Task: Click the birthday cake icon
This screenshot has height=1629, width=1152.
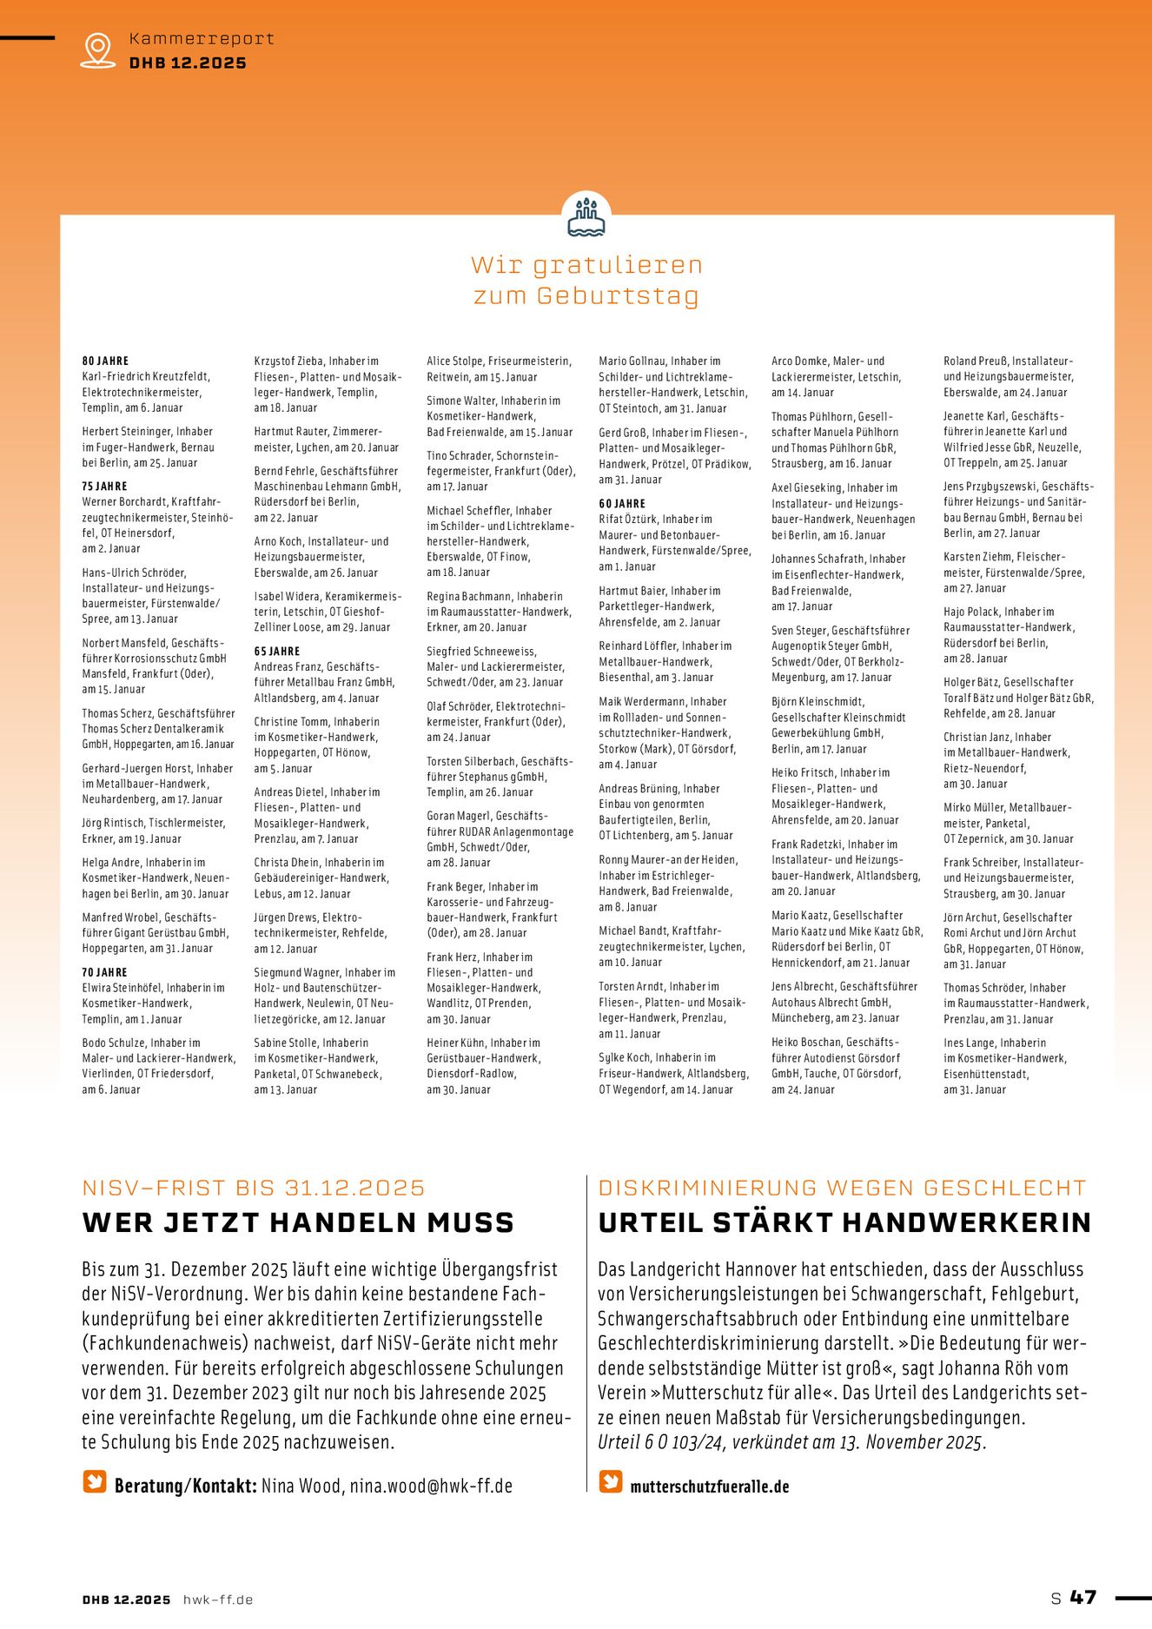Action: pos(586,217)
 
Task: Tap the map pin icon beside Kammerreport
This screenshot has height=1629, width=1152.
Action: pos(97,50)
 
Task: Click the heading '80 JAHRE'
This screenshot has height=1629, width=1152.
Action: pos(105,361)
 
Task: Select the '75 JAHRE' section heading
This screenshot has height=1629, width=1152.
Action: pos(104,487)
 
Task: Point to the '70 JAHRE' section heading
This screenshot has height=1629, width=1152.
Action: pos(104,972)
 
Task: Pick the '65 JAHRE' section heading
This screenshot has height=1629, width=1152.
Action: pos(277,651)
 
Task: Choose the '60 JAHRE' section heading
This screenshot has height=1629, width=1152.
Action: pos(622,503)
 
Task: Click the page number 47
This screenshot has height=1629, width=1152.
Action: pos(1083,1597)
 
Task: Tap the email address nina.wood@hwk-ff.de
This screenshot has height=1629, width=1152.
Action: pos(431,1486)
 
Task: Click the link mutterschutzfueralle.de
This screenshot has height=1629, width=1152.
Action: pos(709,1487)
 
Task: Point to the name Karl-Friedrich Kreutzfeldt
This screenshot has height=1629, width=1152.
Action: pos(146,376)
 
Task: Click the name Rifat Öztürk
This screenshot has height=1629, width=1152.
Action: pos(629,519)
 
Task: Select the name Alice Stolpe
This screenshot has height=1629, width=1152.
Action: pos(454,361)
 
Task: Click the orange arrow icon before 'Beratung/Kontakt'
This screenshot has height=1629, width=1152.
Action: pos(95,1481)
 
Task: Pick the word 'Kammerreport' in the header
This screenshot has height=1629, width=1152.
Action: pos(202,38)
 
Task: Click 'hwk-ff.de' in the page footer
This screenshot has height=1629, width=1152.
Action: pos(218,1599)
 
